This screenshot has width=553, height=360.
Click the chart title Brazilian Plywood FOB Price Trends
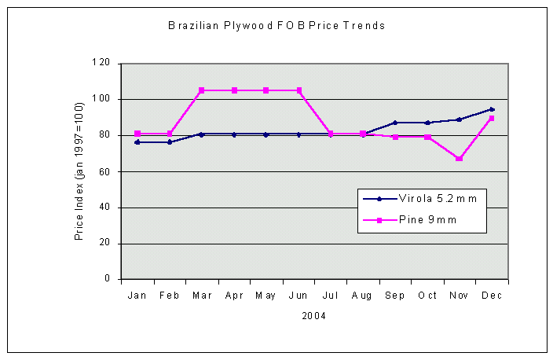[277, 25]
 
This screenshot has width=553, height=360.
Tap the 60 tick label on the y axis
[104, 171]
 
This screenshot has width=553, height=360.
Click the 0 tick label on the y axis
[108, 279]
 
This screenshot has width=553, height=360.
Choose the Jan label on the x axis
[137, 296]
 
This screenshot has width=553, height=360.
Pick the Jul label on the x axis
[331, 296]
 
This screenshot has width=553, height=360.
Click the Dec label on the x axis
[492, 296]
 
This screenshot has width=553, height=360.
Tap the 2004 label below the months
[314, 316]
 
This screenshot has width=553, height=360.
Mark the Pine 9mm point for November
[460, 159]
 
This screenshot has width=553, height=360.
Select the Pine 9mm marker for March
[202, 90]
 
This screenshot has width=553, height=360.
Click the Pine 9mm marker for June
[298, 90]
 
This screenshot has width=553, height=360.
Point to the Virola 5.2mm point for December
[492, 109]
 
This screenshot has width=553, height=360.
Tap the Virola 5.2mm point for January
[137, 142]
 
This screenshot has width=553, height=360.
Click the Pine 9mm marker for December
[492, 118]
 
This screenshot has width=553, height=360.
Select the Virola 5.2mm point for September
[395, 123]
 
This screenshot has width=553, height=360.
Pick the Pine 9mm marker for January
[137, 134]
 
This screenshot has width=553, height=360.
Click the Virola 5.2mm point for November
[460, 119]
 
